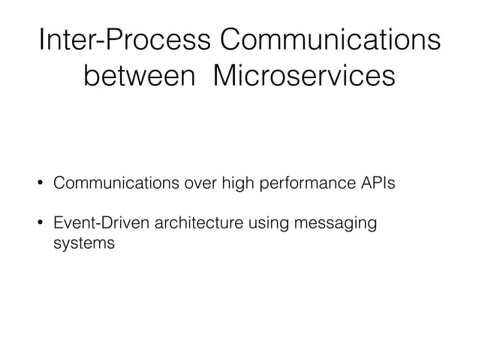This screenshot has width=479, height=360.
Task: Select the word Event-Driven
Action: [x=96, y=223]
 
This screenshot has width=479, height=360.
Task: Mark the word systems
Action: [x=83, y=244]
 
